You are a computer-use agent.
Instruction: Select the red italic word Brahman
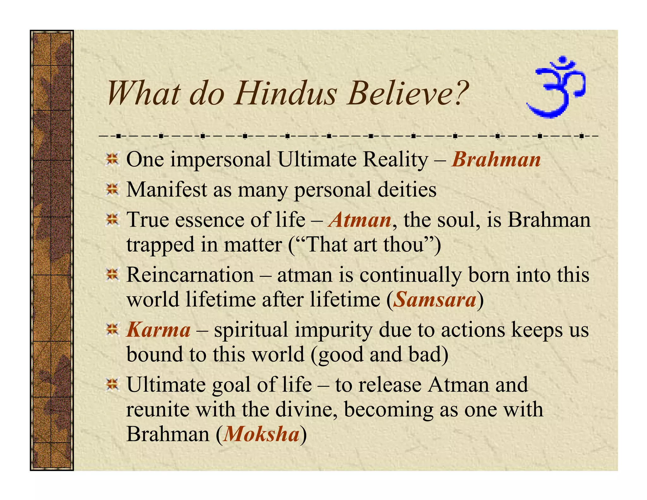tap(496, 159)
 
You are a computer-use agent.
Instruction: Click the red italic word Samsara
tap(435, 299)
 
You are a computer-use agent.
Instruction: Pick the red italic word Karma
tap(158, 330)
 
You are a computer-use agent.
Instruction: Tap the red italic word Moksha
tap(261, 434)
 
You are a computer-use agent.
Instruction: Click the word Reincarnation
tap(190, 274)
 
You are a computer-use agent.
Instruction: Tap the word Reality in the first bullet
tap(395, 159)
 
